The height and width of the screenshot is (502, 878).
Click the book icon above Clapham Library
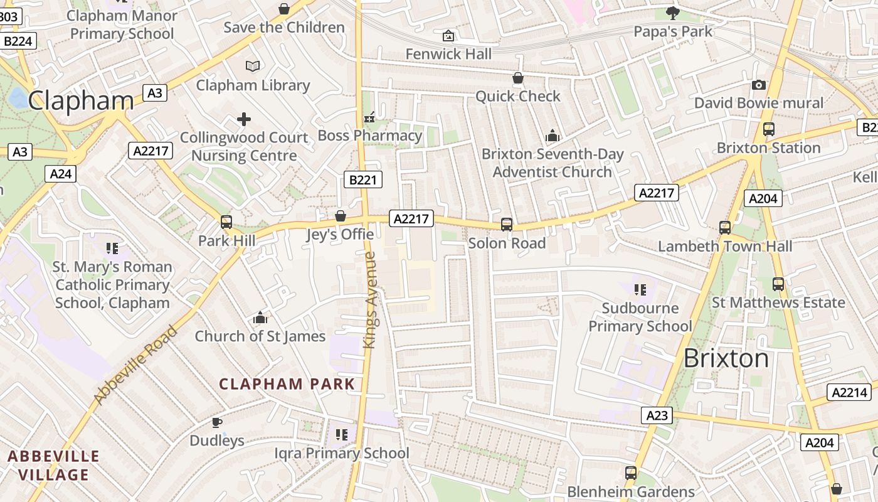coord(253,66)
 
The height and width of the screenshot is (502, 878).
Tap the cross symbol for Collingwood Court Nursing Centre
coord(244,119)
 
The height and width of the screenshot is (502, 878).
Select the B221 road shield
coord(362,180)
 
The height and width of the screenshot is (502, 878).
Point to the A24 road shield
coord(61,173)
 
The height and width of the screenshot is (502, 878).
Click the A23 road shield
coord(657,415)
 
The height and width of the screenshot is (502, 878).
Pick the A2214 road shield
coord(849,392)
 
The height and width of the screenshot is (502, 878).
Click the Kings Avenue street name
coord(369,300)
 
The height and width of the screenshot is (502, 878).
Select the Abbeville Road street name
coord(135,365)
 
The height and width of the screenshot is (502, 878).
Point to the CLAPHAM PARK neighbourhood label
coord(287,384)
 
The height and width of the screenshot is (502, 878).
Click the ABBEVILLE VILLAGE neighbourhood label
coord(53,465)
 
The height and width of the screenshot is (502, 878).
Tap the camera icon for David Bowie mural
coord(759,85)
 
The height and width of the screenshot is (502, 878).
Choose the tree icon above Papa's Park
coord(673,13)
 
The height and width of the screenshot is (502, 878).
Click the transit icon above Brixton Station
coord(768,129)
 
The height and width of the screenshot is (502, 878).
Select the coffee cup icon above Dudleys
coord(216,422)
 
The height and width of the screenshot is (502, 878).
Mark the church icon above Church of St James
coord(260,318)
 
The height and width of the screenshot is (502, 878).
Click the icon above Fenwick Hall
coord(448,36)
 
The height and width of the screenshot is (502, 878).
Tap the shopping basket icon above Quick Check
coord(518,78)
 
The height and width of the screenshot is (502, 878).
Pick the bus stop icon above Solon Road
coord(507,225)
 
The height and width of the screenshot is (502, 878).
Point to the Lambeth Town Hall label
coord(725,246)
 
